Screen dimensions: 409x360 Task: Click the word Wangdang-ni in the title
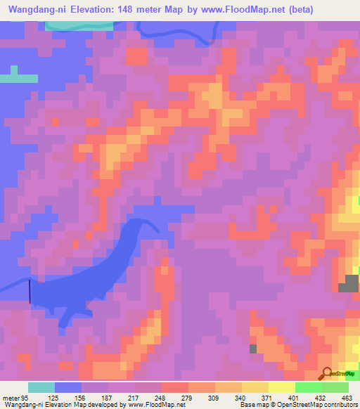(35, 9)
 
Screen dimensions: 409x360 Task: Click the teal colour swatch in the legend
(41, 387)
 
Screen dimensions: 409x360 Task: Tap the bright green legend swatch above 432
(309, 387)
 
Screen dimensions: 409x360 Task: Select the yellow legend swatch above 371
(255, 387)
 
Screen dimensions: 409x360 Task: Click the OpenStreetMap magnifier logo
(326, 373)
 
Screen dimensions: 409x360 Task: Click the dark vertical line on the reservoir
(30, 292)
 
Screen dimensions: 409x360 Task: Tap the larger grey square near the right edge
(347, 283)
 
